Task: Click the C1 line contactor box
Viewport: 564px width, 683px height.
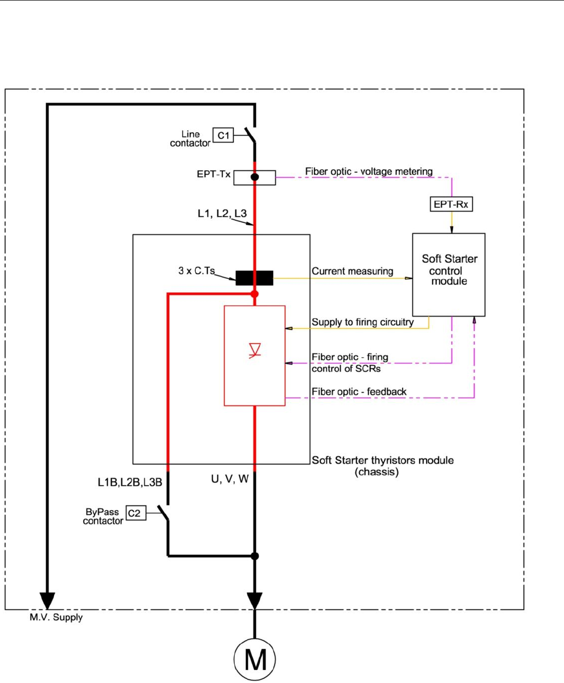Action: [223, 135]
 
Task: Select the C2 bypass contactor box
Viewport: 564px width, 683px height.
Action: [134, 513]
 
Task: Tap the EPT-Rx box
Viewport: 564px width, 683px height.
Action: [451, 204]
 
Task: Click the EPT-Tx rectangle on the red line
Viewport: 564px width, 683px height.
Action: [254, 178]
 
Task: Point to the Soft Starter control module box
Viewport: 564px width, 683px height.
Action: [448, 274]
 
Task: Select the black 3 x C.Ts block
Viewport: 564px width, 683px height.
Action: [254, 278]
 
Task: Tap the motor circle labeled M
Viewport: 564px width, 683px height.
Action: [255, 660]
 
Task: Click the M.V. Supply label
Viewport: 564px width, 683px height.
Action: [56, 617]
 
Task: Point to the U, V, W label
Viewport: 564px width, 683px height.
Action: [230, 479]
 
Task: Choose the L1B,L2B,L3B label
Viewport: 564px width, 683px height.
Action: [130, 483]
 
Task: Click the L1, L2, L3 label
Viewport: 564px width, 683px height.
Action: [222, 213]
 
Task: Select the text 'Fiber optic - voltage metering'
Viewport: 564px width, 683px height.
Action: [369, 171]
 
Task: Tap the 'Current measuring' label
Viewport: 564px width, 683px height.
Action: [352, 271]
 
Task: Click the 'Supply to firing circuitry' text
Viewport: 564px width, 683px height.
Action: [362, 322]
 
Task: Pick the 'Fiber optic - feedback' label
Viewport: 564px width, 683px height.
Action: [359, 391]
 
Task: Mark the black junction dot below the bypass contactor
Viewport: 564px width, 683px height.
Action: [255, 556]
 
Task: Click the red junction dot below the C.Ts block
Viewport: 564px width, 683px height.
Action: [255, 294]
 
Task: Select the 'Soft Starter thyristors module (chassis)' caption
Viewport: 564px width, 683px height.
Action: [382, 466]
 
